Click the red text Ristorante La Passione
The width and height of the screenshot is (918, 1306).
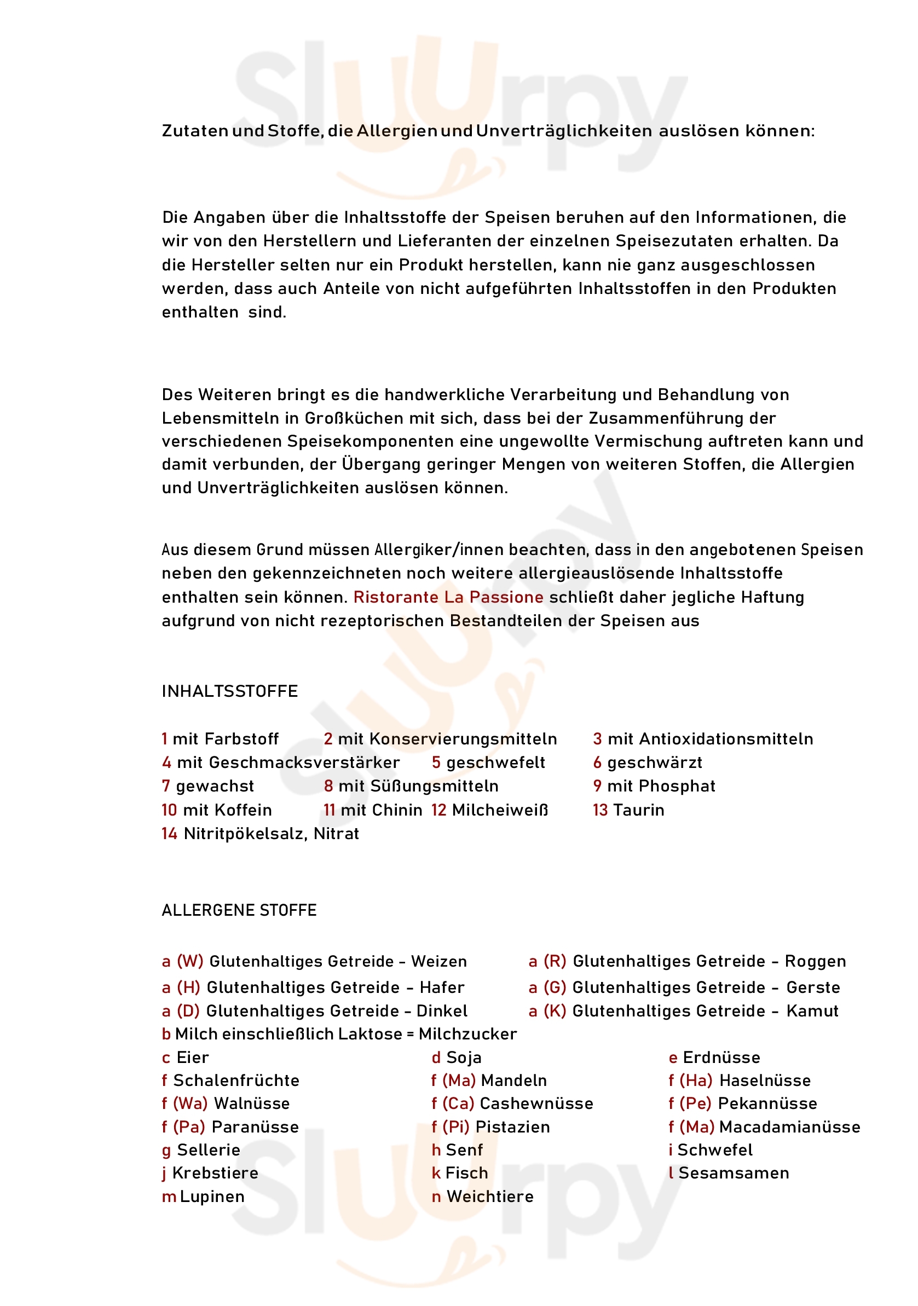click(448, 597)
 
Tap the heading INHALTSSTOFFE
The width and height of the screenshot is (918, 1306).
click(230, 691)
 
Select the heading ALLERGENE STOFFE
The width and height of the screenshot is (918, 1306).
click(239, 910)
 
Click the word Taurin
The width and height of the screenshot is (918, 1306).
click(639, 810)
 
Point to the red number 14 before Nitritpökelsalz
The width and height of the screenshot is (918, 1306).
click(169, 834)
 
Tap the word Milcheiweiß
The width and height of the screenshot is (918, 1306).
click(500, 810)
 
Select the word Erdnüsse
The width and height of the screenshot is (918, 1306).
click(721, 1057)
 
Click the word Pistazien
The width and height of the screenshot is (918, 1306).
click(512, 1127)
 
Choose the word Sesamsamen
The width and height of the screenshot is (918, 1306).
click(734, 1173)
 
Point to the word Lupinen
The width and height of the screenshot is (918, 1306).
click(212, 1197)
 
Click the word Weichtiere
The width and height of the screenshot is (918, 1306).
click(490, 1197)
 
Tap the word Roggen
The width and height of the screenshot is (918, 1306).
click(815, 961)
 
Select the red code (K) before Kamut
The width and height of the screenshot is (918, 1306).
click(555, 1011)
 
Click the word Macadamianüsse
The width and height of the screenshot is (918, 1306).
click(789, 1127)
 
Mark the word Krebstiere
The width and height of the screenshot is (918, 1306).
click(216, 1173)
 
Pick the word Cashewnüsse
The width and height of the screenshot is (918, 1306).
click(536, 1103)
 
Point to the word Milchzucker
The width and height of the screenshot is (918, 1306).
click(467, 1034)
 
